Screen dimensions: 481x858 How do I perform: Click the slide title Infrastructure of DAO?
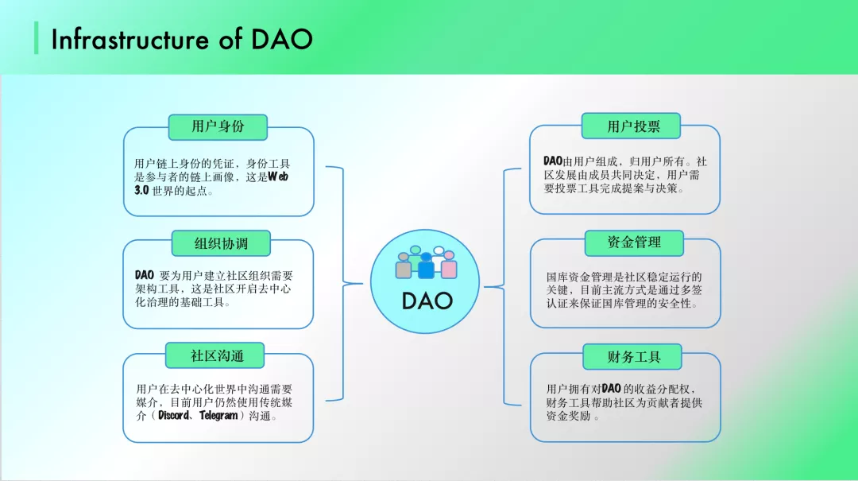[x=181, y=40]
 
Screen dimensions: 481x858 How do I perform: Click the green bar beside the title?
[x=37, y=38]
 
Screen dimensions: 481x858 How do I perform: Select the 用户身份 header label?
[x=218, y=126]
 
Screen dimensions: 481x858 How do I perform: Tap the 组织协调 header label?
[x=221, y=243]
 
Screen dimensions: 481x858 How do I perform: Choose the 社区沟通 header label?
[x=217, y=355]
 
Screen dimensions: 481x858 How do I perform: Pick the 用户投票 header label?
[x=633, y=126]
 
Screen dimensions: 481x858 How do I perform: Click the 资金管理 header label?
[x=633, y=242]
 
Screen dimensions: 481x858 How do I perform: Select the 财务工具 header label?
[x=633, y=357]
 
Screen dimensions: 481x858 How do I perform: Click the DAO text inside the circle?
[x=427, y=301]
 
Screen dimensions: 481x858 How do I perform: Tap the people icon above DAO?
[x=427, y=262]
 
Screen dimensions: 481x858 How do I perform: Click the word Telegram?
[x=218, y=416]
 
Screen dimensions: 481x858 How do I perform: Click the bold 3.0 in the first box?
[x=142, y=191]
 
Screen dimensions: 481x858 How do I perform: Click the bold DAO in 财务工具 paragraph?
[x=611, y=389]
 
